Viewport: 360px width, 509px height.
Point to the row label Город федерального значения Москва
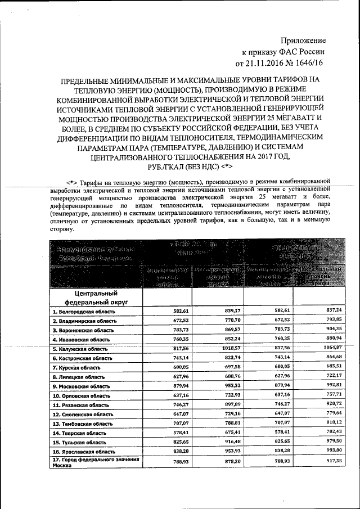(x=94, y=461)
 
